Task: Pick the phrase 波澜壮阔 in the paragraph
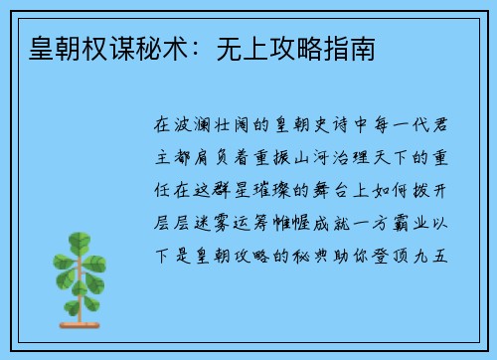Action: click(215, 127)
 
